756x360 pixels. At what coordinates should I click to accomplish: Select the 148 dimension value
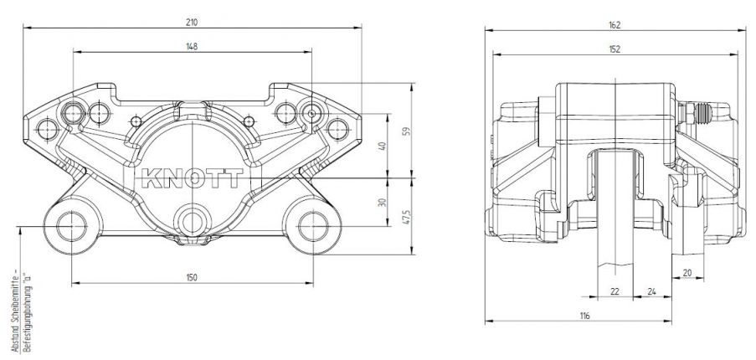click(x=192, y=47)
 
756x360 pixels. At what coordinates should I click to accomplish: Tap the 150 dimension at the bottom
click(x=192, y=277)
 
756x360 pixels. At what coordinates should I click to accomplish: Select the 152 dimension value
click(x=615, y=49)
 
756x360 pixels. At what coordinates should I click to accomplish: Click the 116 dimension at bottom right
click(x=584, y=316)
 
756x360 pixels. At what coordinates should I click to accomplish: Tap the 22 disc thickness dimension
click(x=615, y=291)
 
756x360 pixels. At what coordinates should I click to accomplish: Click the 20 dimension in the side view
click(x=687, y=272)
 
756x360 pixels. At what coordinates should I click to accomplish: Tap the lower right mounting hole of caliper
click(x=314, y=225)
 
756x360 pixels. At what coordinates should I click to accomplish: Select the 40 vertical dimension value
click(x=382, y=146)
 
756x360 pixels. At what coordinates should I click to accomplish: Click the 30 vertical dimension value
click(x=382, y=202)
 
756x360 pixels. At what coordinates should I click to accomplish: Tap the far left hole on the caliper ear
click(x=46, y=127)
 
